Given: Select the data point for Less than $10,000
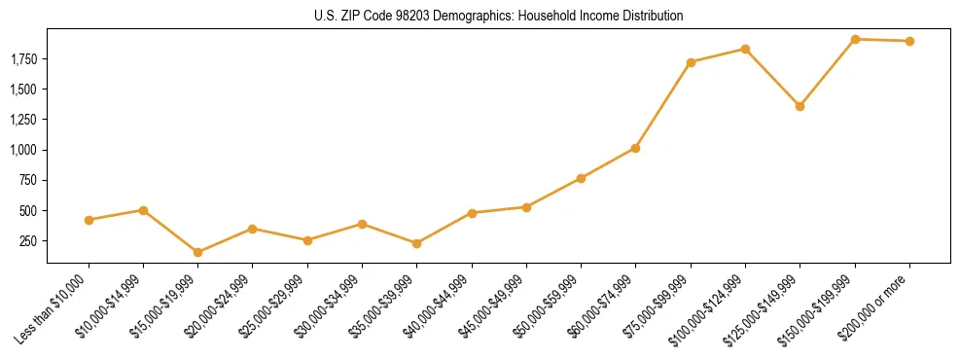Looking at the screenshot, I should click(89, 220).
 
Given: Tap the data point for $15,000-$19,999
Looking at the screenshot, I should click(197, 252).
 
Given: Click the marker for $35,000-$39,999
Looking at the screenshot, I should click(416, 243).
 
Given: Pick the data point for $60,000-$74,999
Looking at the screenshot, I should click(635, 148).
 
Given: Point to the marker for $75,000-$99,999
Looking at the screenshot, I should click(691, 62).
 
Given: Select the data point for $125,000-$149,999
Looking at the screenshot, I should click(800, 106).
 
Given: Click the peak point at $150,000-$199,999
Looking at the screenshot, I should click(855, 39).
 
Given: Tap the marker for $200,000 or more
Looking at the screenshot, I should click(909, 41).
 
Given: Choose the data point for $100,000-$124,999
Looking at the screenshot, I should click(745, 49).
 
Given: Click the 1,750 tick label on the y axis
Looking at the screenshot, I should click(23, 59).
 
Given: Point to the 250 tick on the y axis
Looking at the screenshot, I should click(29, 240).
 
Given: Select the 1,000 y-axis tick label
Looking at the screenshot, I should click(23, 150).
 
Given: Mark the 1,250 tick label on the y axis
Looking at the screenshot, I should click(23, 120).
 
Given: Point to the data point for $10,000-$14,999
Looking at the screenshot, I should click(143, 210).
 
